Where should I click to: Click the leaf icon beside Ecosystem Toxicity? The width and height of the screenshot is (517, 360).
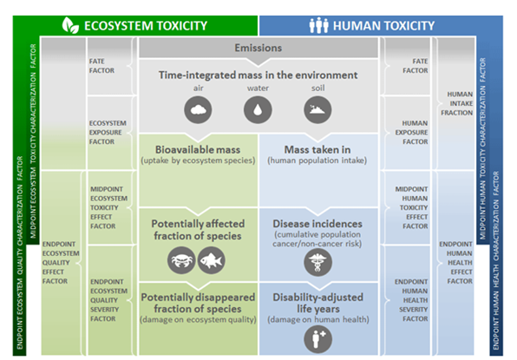[x=70, y=25]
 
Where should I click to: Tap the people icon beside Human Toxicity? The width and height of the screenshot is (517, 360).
[x=318, y=25]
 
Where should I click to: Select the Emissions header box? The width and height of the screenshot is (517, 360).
[x=258, y=48]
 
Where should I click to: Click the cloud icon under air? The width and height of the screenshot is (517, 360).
[x=198, y=110]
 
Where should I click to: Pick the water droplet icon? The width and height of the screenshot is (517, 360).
[x=258, y=110]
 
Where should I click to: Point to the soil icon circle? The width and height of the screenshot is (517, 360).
[x=317, y=110]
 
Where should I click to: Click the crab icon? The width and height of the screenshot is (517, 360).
[x=181, y=260]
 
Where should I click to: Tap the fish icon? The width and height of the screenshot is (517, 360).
[x=212, y=260]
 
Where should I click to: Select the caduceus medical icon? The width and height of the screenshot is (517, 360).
[x=317, y=263]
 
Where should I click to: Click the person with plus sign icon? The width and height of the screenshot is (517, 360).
[x=317, y=339]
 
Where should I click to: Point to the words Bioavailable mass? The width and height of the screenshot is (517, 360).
[x=198, y=150]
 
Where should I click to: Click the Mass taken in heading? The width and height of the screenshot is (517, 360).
[x=317, y=150]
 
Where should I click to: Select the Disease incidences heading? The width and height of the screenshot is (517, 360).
[x=317, y=224]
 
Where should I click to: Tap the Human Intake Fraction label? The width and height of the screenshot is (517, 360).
[x=457, y=103]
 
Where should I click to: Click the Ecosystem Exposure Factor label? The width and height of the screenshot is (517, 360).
[x=108, y=132]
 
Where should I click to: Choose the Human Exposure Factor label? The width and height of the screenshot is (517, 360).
[x=411, y=132]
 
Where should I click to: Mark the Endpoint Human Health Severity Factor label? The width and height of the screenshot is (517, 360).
[x=411, y=300]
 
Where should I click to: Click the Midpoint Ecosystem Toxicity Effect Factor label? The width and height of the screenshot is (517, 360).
[x=108, y=207]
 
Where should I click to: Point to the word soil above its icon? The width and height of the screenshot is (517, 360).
[x=317, y=88]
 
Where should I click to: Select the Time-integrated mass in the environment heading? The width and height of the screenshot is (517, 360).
[x=258, y=75]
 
